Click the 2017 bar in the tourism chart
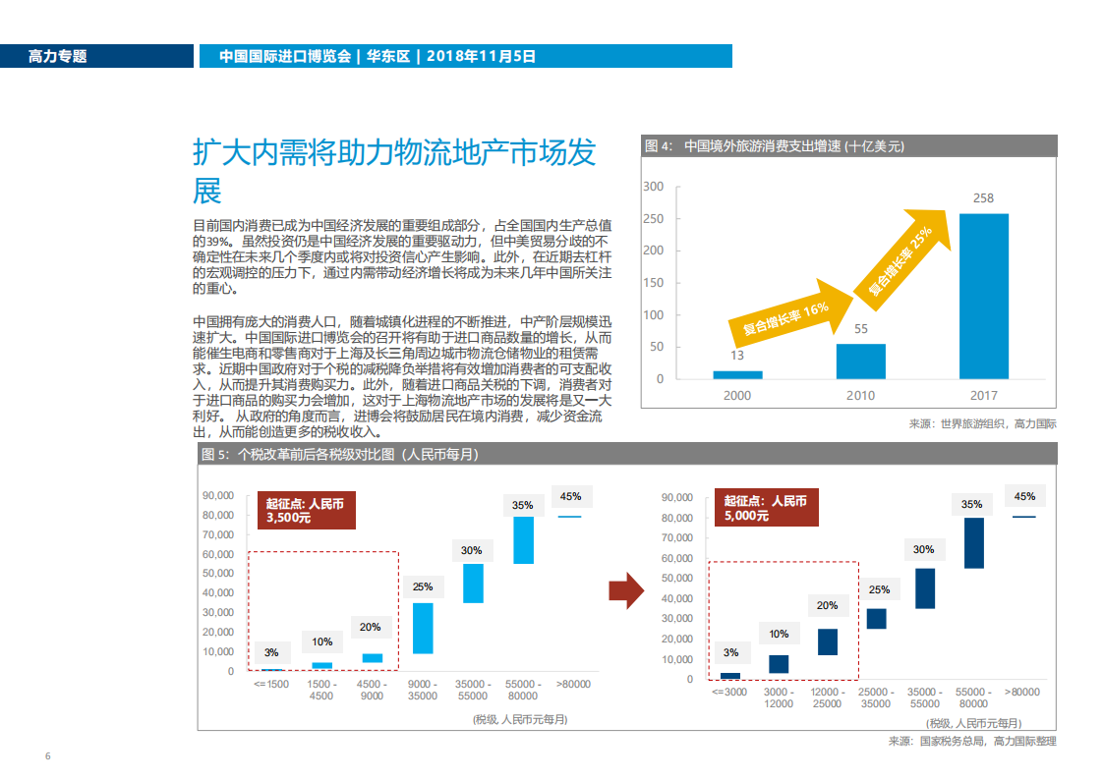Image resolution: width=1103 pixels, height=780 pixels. pos(983,296)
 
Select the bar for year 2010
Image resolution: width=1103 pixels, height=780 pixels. pos(860,361)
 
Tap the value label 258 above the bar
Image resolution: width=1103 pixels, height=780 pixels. pos(983,198)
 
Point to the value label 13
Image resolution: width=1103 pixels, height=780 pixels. pos(737,356)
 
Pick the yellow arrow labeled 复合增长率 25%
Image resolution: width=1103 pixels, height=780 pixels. pos(904,251)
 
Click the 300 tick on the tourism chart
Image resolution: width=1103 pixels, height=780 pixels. pos(653,187)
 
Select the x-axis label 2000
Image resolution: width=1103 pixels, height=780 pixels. pos(737,395)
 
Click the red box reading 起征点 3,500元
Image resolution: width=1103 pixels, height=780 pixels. pos(306,510)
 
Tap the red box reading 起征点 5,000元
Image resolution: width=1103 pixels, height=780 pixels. pos(766,508)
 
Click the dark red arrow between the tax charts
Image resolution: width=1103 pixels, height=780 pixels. pos(625,590)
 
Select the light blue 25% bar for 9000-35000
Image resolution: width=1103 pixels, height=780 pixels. pos(423,628)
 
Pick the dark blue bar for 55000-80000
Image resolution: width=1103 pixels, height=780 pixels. pos(973,542)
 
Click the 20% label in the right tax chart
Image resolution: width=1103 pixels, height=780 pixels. pos(827,605)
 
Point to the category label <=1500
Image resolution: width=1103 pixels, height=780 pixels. pos(271,684)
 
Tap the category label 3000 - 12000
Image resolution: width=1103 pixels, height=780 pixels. pos(779,697)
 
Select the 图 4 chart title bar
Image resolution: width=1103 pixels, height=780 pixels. pos(848,145)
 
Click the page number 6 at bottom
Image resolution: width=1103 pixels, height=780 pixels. pos(47,755)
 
